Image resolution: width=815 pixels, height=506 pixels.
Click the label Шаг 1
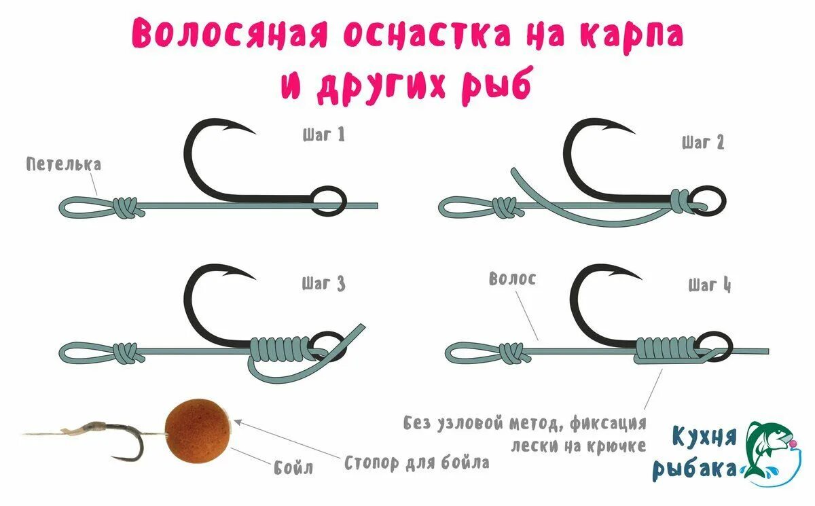(x=323, y=134)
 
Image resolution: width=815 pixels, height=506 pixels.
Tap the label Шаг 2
(x=703, y=143)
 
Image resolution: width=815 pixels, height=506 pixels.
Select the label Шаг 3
(x=323, y=283)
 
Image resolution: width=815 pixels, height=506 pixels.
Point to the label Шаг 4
(x=709, y=285)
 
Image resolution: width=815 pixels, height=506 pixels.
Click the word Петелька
(x=64, y=164)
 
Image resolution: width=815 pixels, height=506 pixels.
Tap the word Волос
(x=512, y=278)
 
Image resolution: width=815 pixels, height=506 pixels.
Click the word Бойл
(x=294, y=467)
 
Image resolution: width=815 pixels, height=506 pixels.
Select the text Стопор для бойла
(x=417, y=463)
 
